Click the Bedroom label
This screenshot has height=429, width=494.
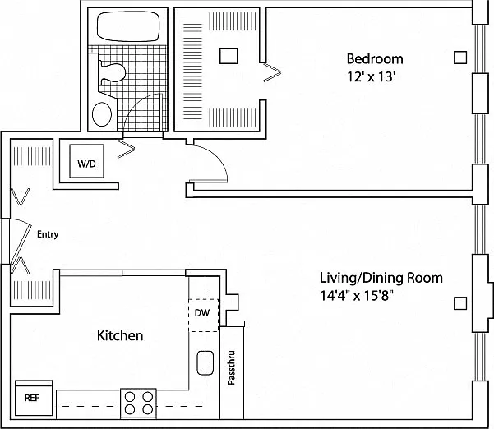[375, 59]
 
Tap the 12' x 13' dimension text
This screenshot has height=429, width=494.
[371, 76]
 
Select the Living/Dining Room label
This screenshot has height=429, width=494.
[381, 278]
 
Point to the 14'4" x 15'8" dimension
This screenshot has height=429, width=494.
[357, 296]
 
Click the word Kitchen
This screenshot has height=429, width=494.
[120, 335]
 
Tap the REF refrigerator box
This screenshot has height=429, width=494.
[34, 399]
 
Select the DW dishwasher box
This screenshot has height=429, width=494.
[203, 315]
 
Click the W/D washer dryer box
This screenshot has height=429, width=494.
[86, 161]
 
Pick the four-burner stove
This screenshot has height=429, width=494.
[138, 404]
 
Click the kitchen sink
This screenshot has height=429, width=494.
[205, 362]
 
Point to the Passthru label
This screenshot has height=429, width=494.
[231, 367]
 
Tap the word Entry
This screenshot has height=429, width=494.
[48, 234]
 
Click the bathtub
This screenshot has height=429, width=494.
[128, 26]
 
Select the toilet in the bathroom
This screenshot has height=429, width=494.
[112, 73]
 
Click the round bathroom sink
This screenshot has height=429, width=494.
[102, 114]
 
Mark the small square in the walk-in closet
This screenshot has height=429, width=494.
[229, 56]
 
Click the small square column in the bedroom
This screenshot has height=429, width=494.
[460, 58]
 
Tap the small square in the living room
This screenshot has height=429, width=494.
[460, 303]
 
